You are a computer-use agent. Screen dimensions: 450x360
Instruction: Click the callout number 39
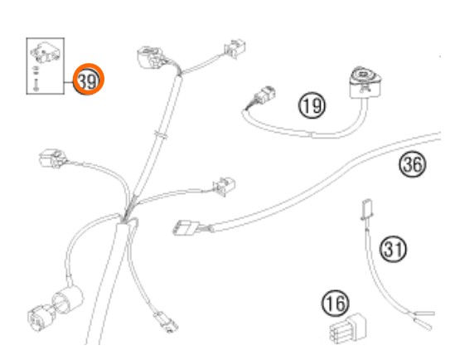[x=88, y=81]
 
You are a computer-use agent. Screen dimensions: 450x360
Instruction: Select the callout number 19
[x=312, y=105]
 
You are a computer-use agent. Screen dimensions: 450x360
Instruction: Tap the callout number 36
[x=413, y=164]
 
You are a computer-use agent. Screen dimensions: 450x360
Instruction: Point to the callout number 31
[x=393, y=249]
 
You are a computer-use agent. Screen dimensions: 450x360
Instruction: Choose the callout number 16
[x=335, y=303]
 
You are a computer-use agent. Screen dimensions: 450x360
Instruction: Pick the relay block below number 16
[x=348, y=328]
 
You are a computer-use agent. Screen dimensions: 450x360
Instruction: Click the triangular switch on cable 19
[x=365, y=82]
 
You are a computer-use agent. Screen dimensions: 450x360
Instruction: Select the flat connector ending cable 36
[x=184, y=227]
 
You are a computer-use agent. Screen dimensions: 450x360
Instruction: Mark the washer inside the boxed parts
[x=36, y=70]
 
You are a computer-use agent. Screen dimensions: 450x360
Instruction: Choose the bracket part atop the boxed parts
[x=46, y=53]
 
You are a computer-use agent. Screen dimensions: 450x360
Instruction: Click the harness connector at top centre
[x=151, y=57]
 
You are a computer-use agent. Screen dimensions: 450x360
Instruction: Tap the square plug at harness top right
[x=235, y=48]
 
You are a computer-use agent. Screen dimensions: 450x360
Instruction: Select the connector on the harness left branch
[x=53, y=158]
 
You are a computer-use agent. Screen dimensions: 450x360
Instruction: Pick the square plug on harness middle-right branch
[x=224, y=187]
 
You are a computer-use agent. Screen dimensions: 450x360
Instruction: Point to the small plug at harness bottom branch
[x=166, y=322]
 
